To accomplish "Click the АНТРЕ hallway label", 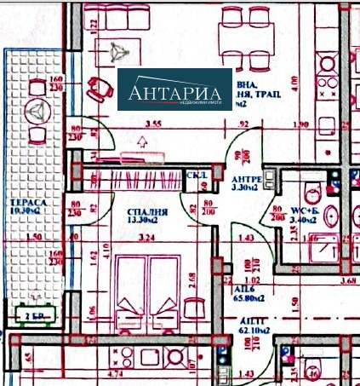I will point(247,180).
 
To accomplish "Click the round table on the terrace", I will point(36,113).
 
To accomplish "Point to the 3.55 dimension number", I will point(153,124).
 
